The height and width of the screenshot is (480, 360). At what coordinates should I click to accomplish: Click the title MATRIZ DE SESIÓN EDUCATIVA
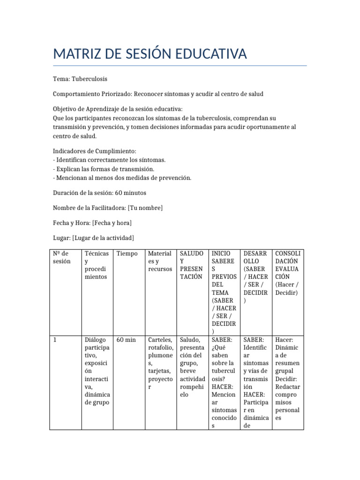coord(150,54)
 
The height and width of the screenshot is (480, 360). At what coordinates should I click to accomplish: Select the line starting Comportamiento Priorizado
coord(158,94)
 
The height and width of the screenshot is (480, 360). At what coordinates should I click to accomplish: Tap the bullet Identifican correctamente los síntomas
coord(109,160)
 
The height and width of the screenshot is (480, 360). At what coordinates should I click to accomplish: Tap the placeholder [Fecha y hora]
coord(112,223)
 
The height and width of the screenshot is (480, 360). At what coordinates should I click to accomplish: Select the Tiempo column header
coord(127,254)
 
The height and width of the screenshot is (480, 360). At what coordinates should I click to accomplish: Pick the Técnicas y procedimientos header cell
coord(97,265)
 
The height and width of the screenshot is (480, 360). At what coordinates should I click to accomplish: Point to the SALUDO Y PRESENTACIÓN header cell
coord(191,265)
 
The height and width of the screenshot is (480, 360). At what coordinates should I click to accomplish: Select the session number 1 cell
coord(55,340)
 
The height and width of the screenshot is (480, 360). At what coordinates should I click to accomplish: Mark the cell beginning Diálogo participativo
coord(97,371)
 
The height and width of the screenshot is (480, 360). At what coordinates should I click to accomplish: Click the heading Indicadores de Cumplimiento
coord(94,151)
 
